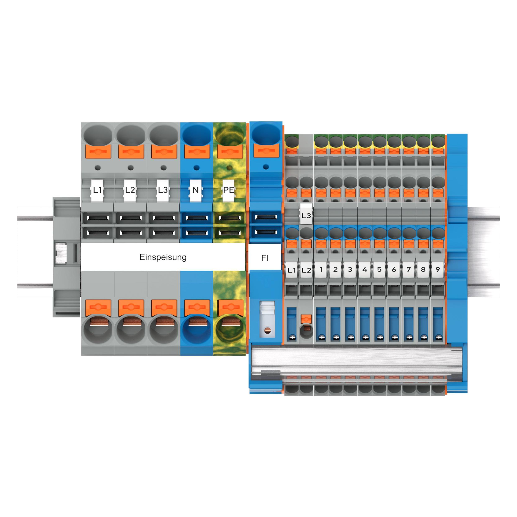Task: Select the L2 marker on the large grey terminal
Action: click(130, 190)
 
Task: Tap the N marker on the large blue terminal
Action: click(196, 190)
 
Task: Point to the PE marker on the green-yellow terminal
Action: click(229, 190)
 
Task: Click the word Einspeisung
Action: click(163, 257)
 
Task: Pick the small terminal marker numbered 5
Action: click(379, 269)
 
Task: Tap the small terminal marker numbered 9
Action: click(438, 269)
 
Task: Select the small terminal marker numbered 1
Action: click(321, 269)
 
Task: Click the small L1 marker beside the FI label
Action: click(291, 270)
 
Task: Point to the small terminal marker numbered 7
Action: click(408, 269)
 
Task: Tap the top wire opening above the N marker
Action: click(196, 135)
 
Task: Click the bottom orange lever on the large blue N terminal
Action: click(196, 307)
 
